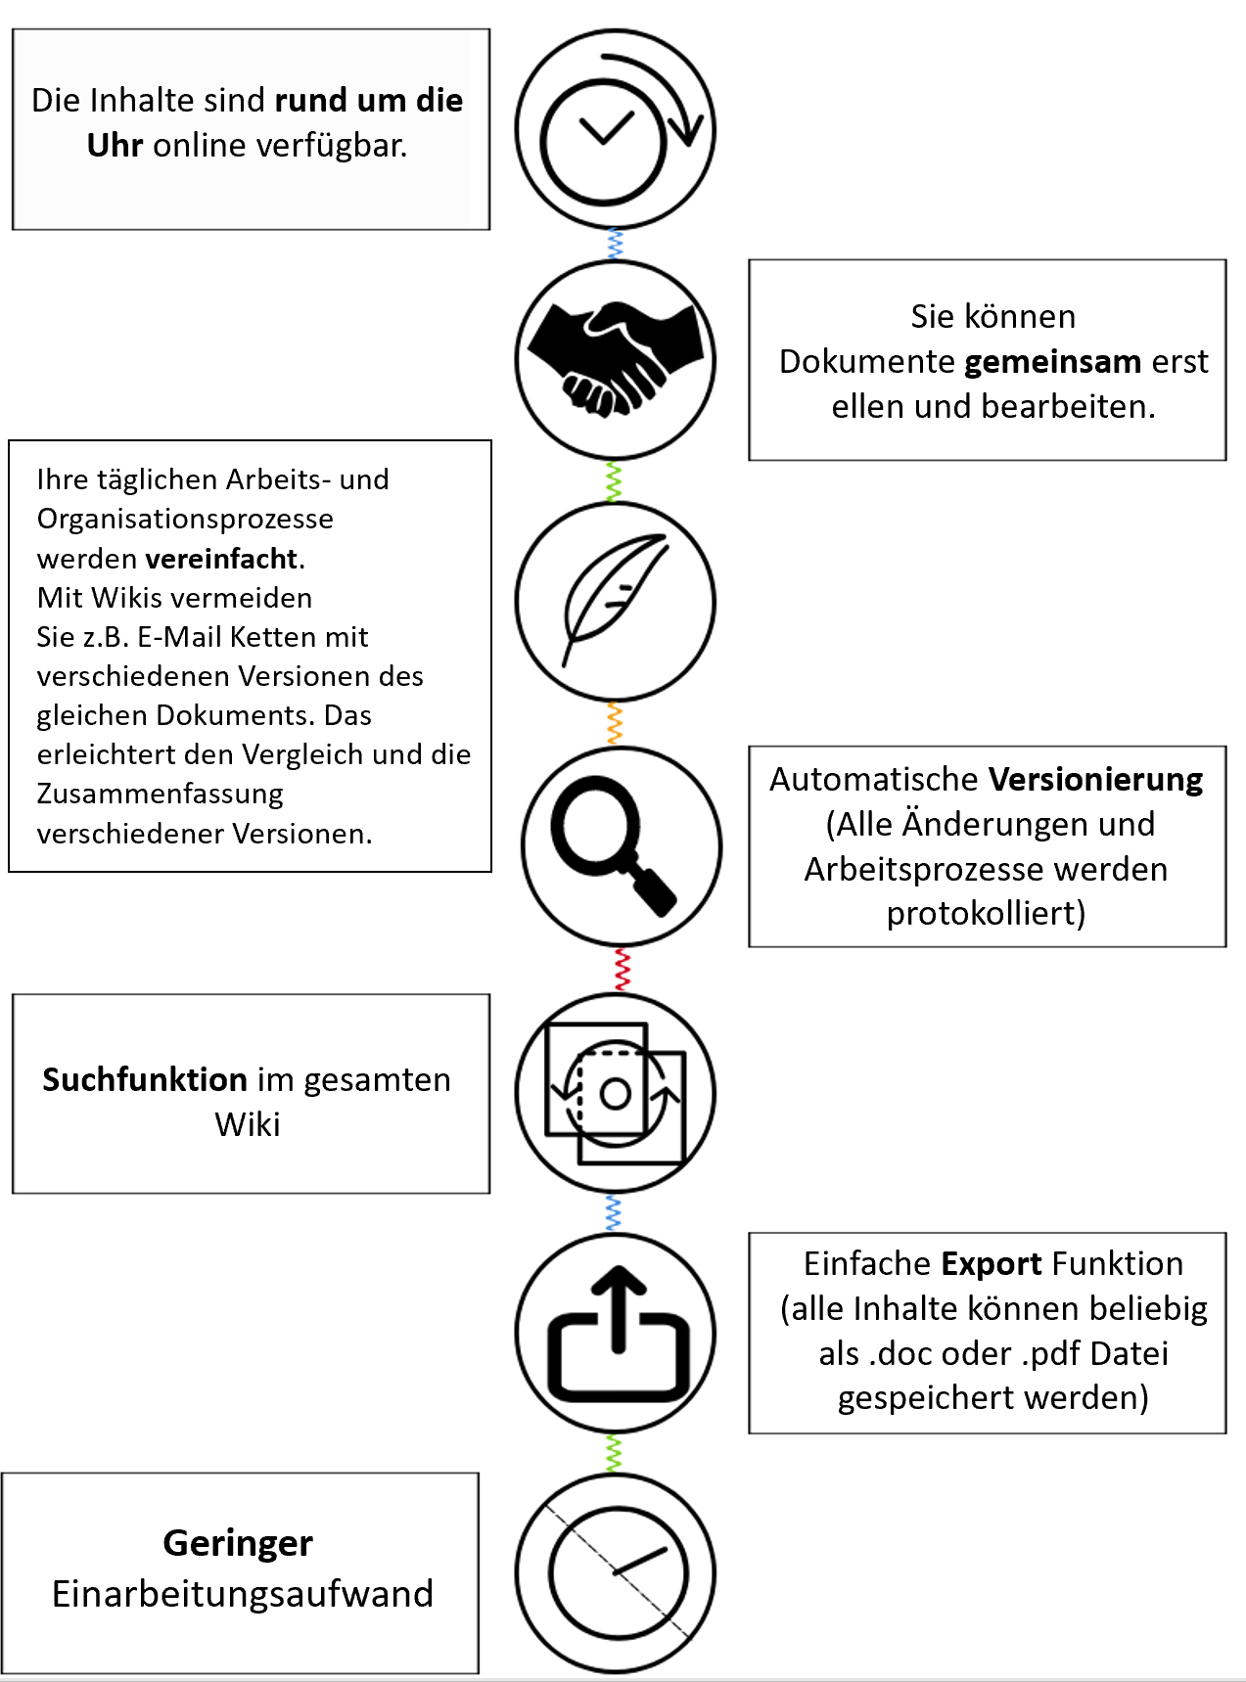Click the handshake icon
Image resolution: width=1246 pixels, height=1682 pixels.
616,359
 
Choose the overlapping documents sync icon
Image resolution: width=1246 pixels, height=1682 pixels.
616,1093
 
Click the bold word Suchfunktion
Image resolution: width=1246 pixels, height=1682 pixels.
145,1079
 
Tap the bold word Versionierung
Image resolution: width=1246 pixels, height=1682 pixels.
1096,780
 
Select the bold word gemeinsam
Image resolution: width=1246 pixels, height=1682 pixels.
1053,362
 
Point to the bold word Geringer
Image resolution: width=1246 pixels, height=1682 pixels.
238,1543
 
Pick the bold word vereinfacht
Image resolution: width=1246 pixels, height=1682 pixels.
221,559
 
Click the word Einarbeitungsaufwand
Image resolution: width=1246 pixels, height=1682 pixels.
243,1594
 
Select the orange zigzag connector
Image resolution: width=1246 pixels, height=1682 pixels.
615,723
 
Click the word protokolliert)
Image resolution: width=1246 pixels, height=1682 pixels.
987,914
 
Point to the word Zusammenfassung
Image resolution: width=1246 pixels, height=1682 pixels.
161,794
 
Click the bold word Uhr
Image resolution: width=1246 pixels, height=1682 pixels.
115,145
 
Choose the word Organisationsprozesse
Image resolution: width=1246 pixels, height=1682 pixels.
185,519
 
